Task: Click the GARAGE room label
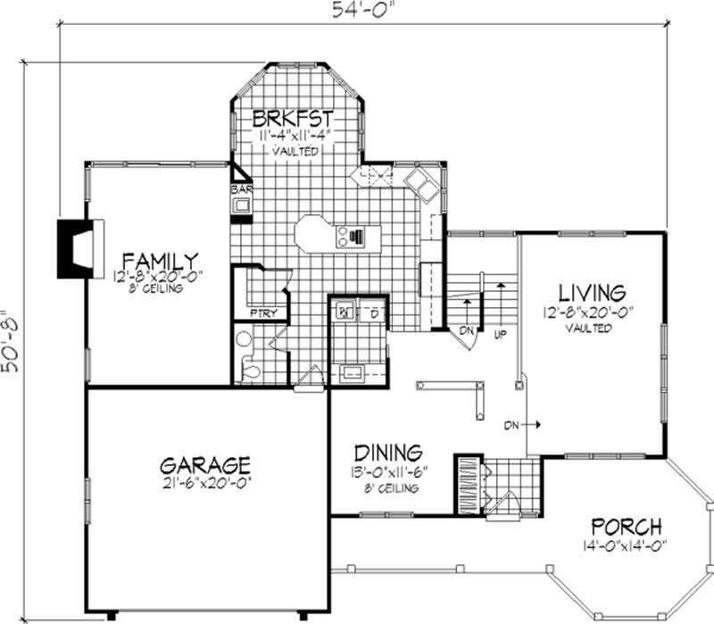(x=205, y=465)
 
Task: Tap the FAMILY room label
(x=161, y=262)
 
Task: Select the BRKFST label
(x=293, y=118)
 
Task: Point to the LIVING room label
(x=590, y=292)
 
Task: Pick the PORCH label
(x=624, y=526)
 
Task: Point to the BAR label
(x=240, y=190)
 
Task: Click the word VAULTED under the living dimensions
(x=589, y=328)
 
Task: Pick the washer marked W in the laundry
(x=345, y=312)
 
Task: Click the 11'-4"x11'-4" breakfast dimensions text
(x=295, y=136)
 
